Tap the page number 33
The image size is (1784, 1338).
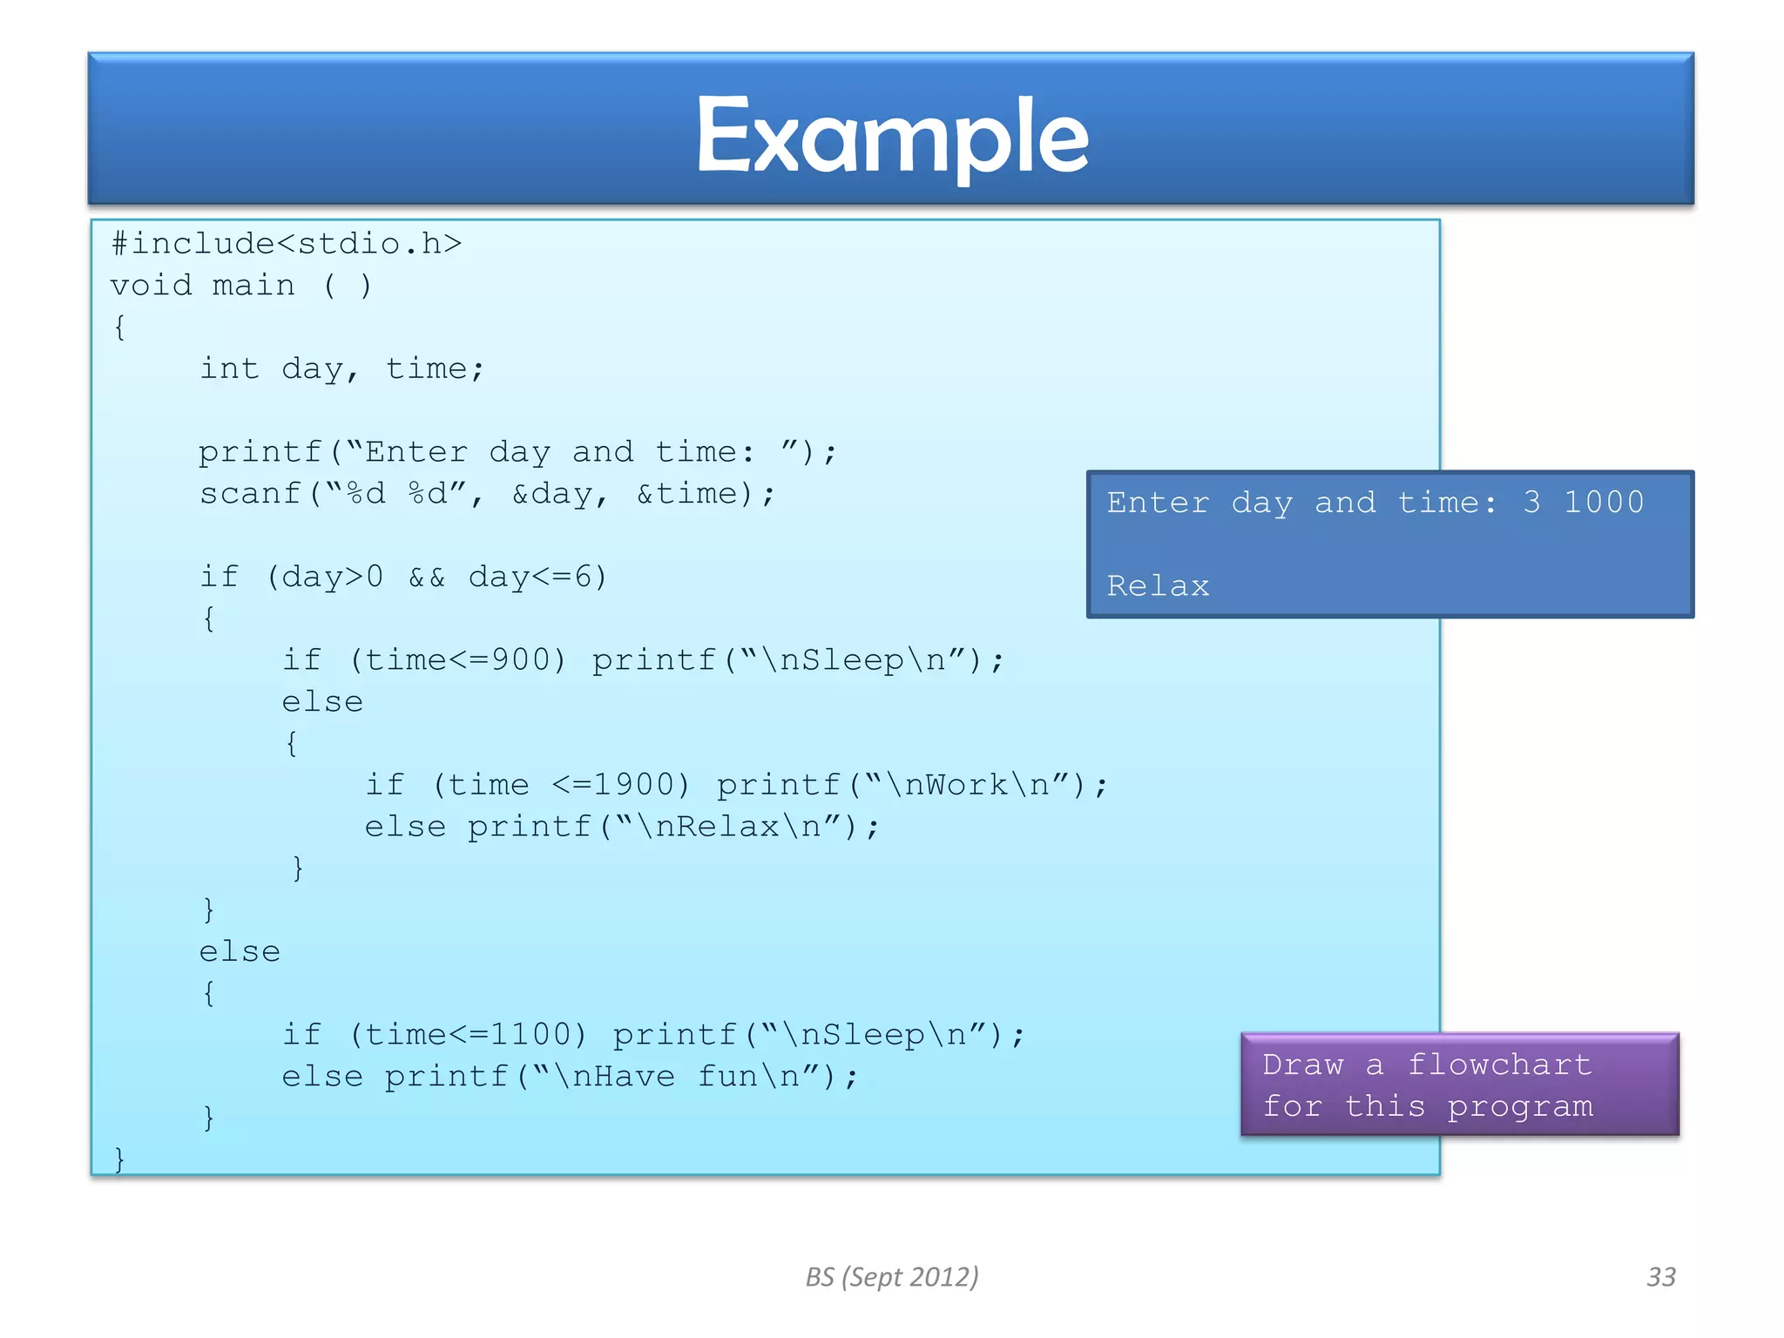(1660, 1277)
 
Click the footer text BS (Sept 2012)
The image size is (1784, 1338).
(892, 1277)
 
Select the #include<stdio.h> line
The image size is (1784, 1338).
(286, 244)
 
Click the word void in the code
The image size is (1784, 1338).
(151, 286)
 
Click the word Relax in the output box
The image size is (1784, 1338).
(1158, 586)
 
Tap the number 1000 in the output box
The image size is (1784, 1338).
(1604, 503)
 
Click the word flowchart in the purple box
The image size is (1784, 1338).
(1499, 1064)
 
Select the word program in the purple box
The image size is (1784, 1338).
(1520, 1107)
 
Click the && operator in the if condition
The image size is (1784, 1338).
(427, 578)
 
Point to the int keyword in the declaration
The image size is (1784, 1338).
(229, 369)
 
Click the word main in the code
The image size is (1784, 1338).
(253, 286)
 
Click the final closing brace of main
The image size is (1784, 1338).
(119, 1159)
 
